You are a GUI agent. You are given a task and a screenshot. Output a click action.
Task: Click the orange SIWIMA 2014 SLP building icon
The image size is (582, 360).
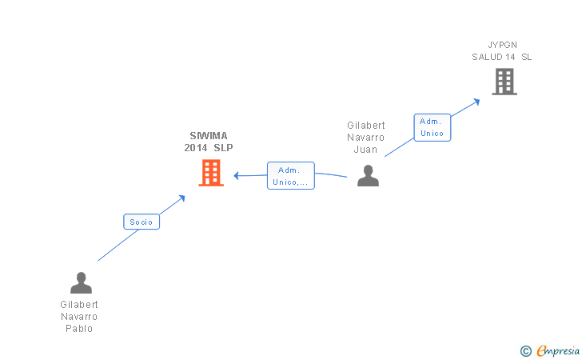point(210,172)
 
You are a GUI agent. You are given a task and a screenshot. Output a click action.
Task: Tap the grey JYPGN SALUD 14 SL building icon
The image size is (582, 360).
point(504,82)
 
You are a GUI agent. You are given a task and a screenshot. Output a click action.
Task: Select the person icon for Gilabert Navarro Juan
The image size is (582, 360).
point(368,175)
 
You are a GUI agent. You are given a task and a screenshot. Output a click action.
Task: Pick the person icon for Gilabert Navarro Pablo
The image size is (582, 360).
point(81,283)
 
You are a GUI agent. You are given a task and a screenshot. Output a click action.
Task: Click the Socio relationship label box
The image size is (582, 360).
point(142,222)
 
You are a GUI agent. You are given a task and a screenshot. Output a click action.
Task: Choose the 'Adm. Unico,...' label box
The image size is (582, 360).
point(290,176)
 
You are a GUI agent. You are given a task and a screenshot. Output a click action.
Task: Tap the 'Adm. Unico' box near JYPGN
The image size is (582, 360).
point(432,128)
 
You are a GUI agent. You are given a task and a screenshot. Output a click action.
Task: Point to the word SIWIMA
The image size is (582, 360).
point(209,136)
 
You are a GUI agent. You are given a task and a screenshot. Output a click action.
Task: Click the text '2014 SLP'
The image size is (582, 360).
point(209,148)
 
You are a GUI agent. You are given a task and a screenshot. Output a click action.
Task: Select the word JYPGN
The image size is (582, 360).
point(501,45)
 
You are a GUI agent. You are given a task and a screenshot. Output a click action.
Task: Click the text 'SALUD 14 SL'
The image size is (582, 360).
point(501,57)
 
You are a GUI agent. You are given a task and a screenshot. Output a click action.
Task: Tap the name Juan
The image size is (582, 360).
point(366,150)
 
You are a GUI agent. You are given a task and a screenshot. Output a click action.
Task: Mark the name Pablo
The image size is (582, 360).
point(79,329)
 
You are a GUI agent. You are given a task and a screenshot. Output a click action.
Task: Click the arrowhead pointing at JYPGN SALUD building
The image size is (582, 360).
point(476,101)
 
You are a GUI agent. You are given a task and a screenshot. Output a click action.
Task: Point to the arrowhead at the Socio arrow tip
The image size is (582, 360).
point(182,197)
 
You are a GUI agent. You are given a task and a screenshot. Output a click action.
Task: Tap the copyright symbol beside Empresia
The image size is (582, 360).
point(525,350)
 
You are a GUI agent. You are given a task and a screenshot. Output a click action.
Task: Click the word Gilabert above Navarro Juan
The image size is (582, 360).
point(366,126)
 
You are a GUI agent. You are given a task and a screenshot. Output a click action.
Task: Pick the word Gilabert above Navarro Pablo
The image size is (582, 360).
point(79,305)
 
